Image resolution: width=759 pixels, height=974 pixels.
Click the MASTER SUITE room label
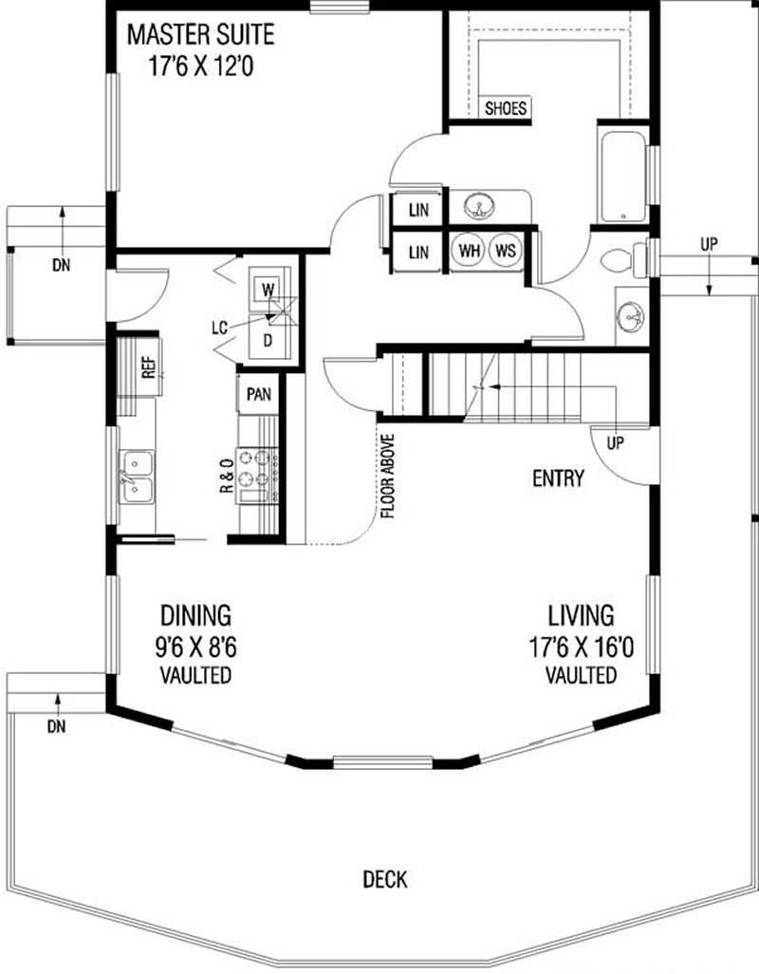(x=200, y=36)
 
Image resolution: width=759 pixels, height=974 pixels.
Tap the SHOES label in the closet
(x=505, y=108)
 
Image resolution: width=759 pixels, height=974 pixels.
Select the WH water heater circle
(x=469, y=251)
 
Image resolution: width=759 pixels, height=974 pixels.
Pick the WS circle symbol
(x=505, y=251)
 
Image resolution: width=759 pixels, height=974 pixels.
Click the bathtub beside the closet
(x=620, y=177)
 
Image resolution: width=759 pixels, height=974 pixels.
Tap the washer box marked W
(x=267, y=287)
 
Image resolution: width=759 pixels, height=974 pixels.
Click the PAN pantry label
(x=257, y=393)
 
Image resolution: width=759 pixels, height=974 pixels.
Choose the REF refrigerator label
(x=148, y=366)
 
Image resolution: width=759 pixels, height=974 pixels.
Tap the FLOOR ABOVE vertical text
(x=388, y=477)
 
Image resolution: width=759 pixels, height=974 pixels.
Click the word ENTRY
(x=558, y=479)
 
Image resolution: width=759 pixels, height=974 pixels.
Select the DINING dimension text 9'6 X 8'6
(x=196, y=648)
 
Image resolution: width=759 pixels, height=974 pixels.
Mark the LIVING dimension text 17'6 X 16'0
(x=581, y=648)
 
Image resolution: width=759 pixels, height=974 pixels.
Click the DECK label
(x=385, y=879)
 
